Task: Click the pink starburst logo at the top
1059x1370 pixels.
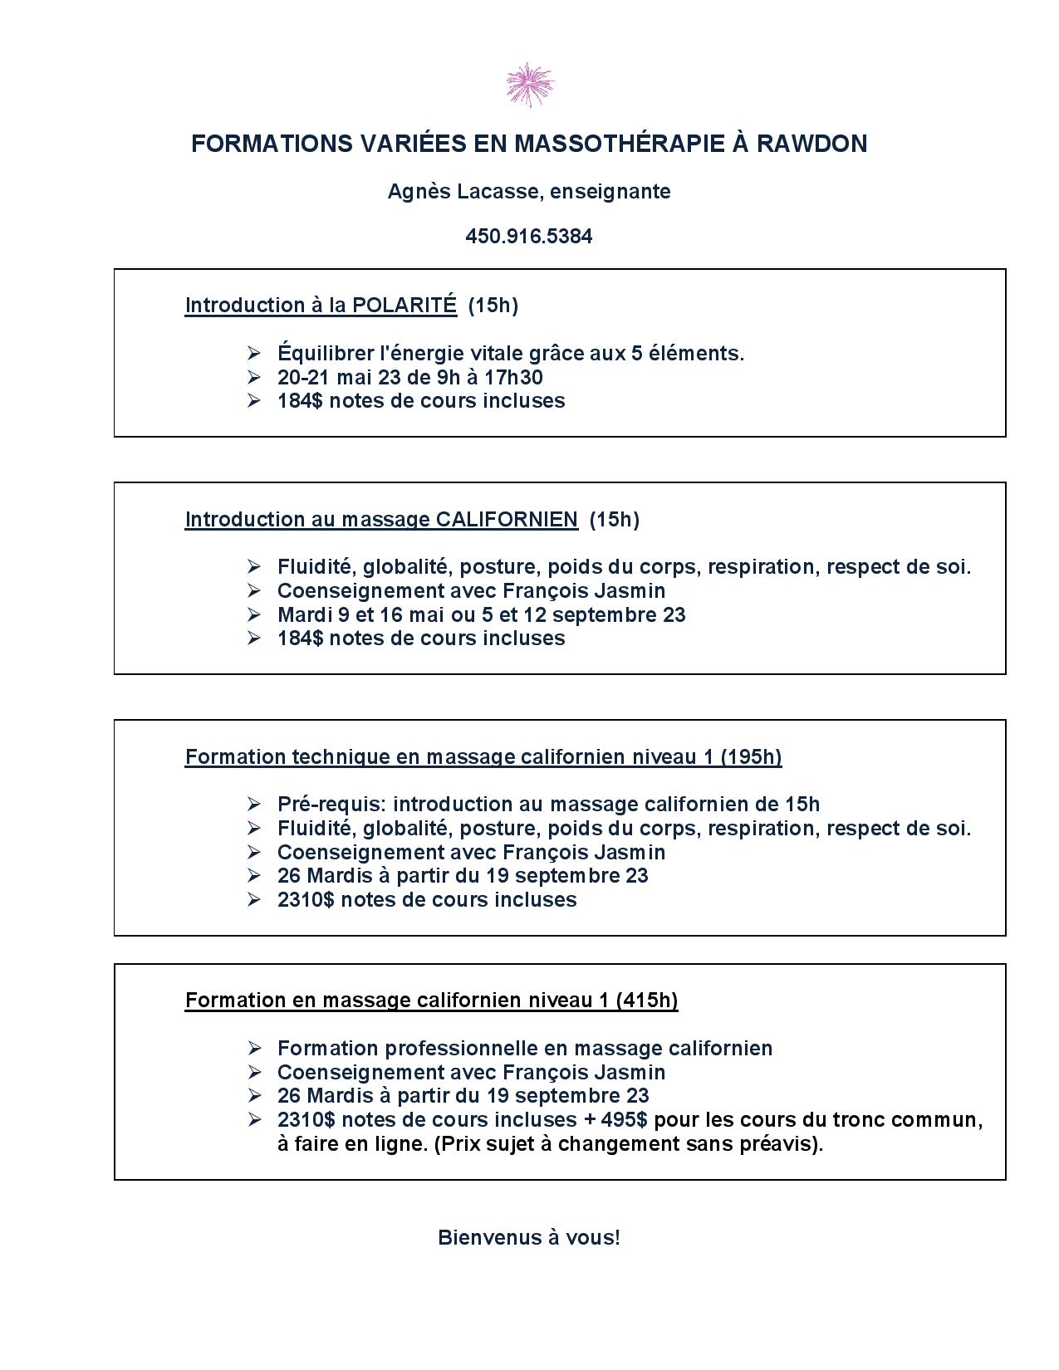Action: [529, 85]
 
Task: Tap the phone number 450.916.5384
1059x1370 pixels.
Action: [529, 237]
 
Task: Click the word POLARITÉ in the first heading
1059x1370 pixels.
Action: [404, 306]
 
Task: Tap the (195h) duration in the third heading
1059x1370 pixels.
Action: [751, 757]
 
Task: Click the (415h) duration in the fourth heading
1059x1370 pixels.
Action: [647, 1001]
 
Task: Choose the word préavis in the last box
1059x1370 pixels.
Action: [782, 1144]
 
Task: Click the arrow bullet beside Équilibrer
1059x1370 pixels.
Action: [254, 354]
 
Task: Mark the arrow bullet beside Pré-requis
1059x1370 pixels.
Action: [254, 805]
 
